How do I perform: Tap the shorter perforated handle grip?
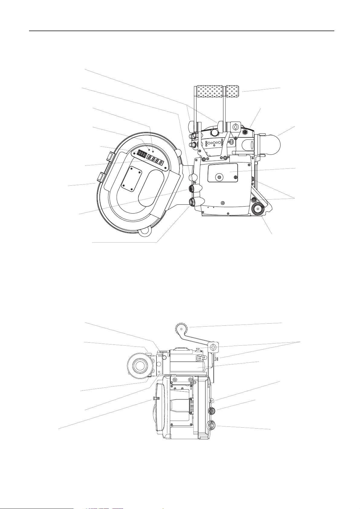pyautogui.click(x=234, y=91)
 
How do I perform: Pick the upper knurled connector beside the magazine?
pyautogui.click(x=192, y=189)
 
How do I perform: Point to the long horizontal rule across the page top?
pyautogui.click(x=181, y=31)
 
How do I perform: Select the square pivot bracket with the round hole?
pyautogui.click(x=213, y=347)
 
